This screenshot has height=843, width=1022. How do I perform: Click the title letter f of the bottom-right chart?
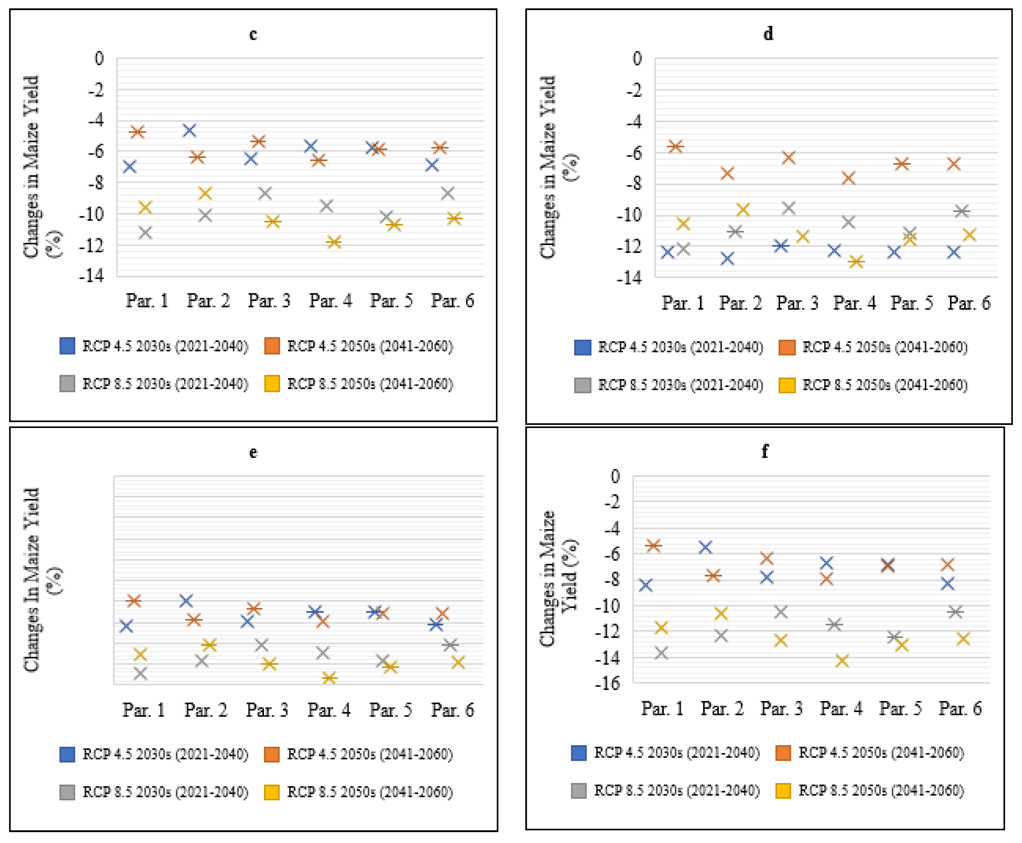[x=765, y=451]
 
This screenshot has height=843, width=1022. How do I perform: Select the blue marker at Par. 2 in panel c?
[x=189, y=130]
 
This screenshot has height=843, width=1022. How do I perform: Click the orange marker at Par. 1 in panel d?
[x=675, y=146]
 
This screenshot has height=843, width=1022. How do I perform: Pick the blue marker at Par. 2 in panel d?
[x=727, y=258]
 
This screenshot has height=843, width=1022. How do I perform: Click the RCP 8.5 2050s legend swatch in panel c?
[x=272, y=384]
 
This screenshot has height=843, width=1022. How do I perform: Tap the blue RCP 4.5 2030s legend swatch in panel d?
[x=582, y=347]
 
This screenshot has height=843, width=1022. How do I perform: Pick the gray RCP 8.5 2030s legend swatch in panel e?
[x=67, y=792]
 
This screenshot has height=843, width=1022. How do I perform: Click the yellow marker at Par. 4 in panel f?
[x=842, y=661]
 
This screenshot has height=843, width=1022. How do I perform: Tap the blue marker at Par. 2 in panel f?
[x=705, y=547]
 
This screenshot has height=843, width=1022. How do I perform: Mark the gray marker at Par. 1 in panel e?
[x=140, y=673]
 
